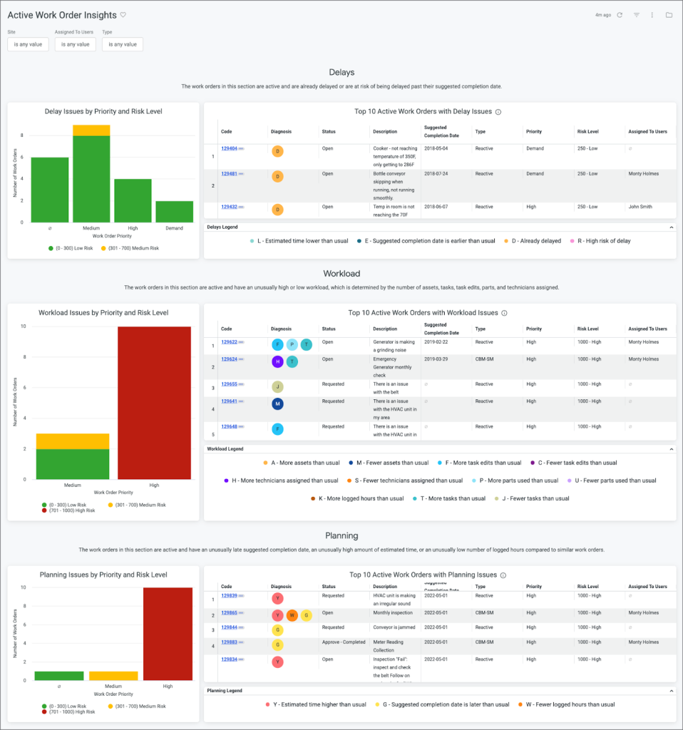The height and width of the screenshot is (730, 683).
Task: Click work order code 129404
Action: [229, 148]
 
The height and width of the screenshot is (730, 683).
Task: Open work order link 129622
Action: [229, 342]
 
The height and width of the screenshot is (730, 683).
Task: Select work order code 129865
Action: [229, 613]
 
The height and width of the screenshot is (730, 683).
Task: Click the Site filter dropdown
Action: [28, 44]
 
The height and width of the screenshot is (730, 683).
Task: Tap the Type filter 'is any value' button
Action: [123, 44]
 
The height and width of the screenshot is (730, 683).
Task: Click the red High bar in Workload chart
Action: [155, 403]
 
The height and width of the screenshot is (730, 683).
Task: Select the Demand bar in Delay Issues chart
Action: [174, 211]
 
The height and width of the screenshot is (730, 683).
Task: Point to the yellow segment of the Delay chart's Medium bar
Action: [91, 130]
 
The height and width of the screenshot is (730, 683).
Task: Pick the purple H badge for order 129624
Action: [277, 361]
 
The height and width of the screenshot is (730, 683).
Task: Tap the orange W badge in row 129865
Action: [292, 615]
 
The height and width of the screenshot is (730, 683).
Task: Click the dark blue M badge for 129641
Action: [277, 404]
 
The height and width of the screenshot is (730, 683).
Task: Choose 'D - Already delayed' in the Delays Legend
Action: [527, 241]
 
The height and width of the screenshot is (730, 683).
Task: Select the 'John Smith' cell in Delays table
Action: [641, 207]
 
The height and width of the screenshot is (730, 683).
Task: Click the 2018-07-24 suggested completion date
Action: [436, 174]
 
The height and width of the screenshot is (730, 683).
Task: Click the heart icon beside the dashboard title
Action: [123, 15]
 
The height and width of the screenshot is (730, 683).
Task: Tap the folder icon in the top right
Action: [669, 15]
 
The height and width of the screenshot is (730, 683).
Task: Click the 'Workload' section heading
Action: [341, 274]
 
